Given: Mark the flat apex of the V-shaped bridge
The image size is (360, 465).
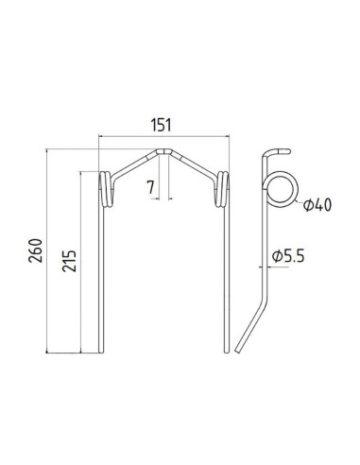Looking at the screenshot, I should [x=165, y=148].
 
